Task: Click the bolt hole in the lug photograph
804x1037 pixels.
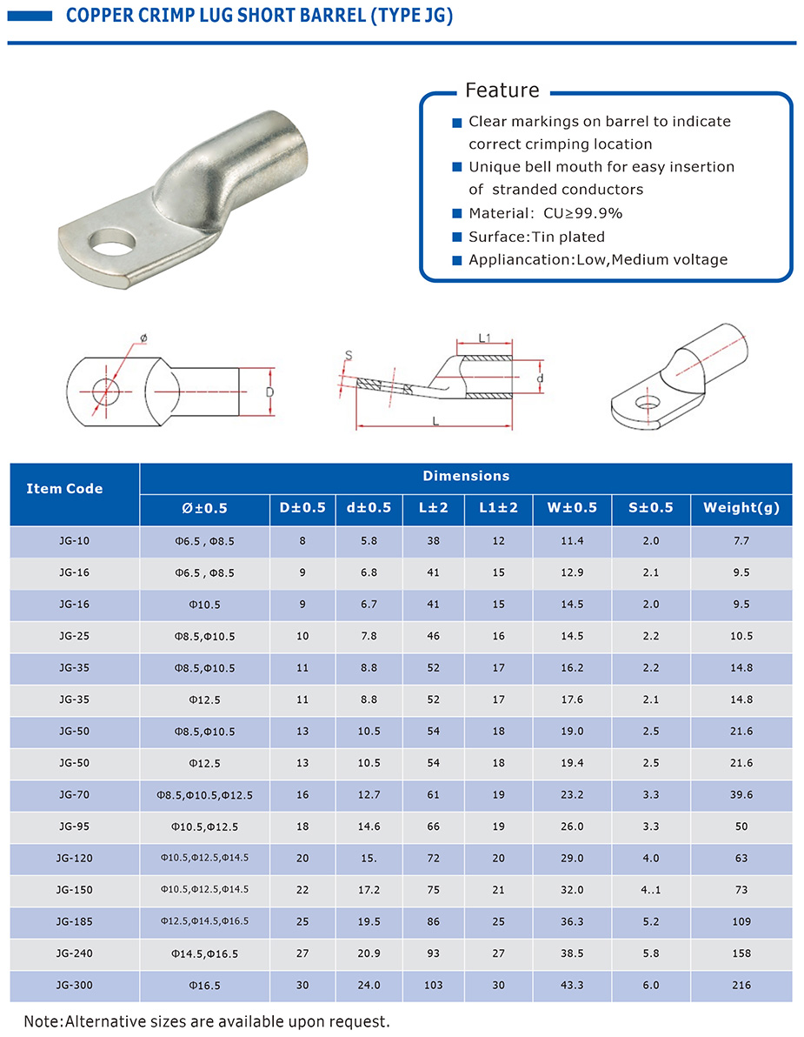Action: click(110, 240)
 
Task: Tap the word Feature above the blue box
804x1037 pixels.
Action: click(502, 90)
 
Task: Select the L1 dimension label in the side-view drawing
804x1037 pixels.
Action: click(485, 338)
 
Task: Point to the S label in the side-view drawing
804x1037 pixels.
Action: click(349, 355)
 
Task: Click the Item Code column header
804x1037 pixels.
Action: click(64, 489)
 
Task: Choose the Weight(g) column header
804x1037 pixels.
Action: click(741, 507)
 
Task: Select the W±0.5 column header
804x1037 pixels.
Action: click(572, 507)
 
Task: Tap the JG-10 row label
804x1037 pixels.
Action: click(75, 541)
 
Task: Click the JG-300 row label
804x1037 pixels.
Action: click(75, 986)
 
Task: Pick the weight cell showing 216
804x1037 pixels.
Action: click(741, 986)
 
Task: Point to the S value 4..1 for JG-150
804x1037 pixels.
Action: click(651, 890)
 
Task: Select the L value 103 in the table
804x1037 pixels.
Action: click(434, 986)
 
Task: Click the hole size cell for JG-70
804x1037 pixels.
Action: click(205, 795)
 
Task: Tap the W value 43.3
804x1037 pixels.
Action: click(572, 986)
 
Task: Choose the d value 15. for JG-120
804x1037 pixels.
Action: click(369, 859)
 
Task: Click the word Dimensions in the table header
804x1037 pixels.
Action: click(466, 476)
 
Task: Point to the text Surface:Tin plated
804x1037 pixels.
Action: click(536, 237)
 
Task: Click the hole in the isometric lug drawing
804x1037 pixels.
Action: click(645, 404)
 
